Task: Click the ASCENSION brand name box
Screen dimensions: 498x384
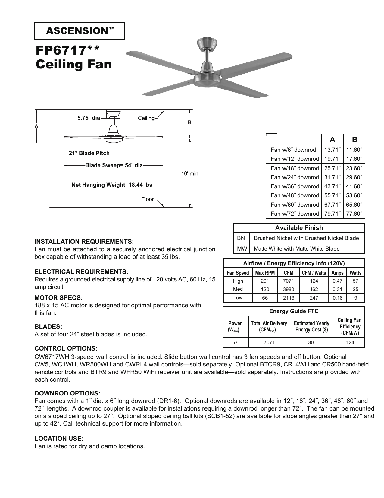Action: [x=80, y=31]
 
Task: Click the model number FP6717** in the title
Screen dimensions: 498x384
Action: [x=67, y=50]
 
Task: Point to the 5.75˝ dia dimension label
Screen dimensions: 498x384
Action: [x=88, y=118]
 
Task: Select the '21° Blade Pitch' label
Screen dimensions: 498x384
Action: [x=89, y=153]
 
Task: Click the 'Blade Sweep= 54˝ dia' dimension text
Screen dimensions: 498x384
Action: [x=114, y=165]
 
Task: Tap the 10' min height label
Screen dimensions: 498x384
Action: [x=189, y=173]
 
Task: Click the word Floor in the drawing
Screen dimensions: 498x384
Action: [x=148, y=199]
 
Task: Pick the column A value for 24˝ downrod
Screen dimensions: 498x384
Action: [x=332, y=177]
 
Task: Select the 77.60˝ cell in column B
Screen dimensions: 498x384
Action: [x=354, y=214]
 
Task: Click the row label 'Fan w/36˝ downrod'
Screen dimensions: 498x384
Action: [x=294, y=186]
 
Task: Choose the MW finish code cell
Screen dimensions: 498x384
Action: [x=242, y=249]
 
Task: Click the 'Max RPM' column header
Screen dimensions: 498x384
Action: [x=265, y=273]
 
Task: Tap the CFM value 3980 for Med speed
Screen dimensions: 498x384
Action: [x=288, y=289]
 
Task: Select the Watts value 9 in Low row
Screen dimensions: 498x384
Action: [x=355, y=298]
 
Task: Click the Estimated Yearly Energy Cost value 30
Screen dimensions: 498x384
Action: [x=311, y=342]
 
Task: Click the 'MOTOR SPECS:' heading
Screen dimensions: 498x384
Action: [x=58, y=298]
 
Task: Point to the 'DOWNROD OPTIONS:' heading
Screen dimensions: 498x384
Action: [x=67, y=393]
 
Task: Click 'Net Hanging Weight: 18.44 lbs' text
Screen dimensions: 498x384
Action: [x=112, y=185]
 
